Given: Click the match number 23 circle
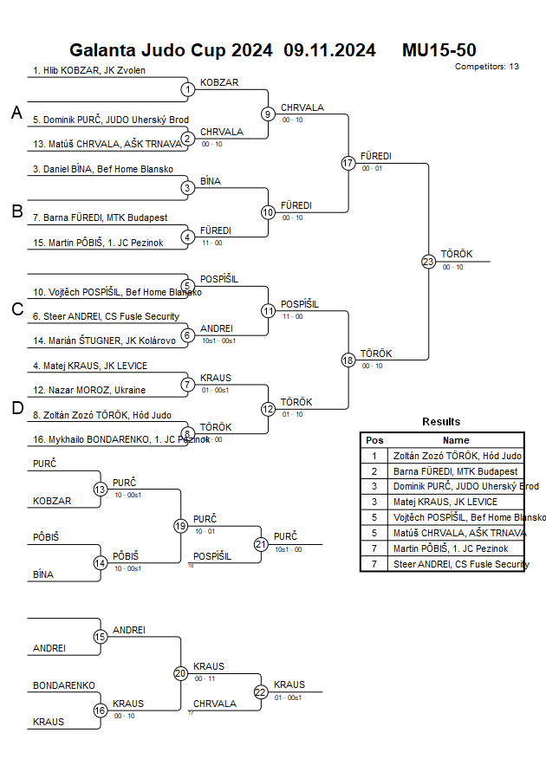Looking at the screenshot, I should pyautogui.click(x=428, y=261).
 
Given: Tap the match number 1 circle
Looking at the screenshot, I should pyautogui.click(x=187, y=89).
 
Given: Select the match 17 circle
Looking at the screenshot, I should pyautogui.click(x=348, y=163).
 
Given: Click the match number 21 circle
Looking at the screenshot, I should pyautogui.click(x=261, y=544).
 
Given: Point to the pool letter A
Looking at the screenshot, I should pyautogui.click(x=16, y=113).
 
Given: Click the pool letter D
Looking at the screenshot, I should pyautogui.click(x=16, y=409).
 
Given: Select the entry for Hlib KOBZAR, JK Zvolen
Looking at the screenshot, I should pyautogui.click(x=89, y=70).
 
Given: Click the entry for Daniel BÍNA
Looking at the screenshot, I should pyautogui.click(x=103, y=169).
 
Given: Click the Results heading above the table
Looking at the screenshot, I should pyautogui.click(x=441, y=422).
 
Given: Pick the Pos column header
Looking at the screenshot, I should pyautogui.click(x=374, y=440).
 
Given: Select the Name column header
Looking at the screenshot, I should pyautogui.click(x=456, y=440).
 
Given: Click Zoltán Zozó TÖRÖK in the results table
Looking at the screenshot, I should pyautogui.click(x=457, y=456).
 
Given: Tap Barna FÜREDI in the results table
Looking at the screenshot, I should pyautogui.click(x=455, y=471).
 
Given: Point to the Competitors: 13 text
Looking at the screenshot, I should pyautogui.click(x=487, y=67).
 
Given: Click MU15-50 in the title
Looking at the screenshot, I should pyautogui.click(x=439, y=50).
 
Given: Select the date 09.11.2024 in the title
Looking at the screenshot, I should pyautogui.click(x=329, y=50).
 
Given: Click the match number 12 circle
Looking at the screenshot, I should pyautogui.click(x=268, y=409).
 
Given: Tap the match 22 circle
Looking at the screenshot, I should pyautogui.click(x=261, y=691).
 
